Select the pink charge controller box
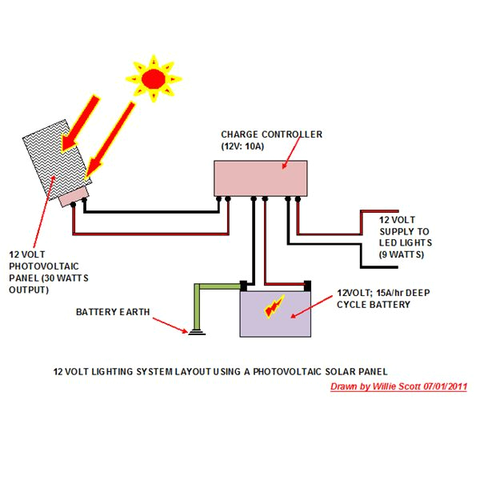[x=261, y=177]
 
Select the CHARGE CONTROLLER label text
[x=271, y=134]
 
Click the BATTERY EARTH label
[x=112, y=311]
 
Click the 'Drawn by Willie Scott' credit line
[x=398, y=387]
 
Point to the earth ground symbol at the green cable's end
[x=192, y=331]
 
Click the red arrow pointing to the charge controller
[x=291, y=152]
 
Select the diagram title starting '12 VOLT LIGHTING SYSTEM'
[x=220, y=371]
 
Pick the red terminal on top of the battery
[x=306, y=284]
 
